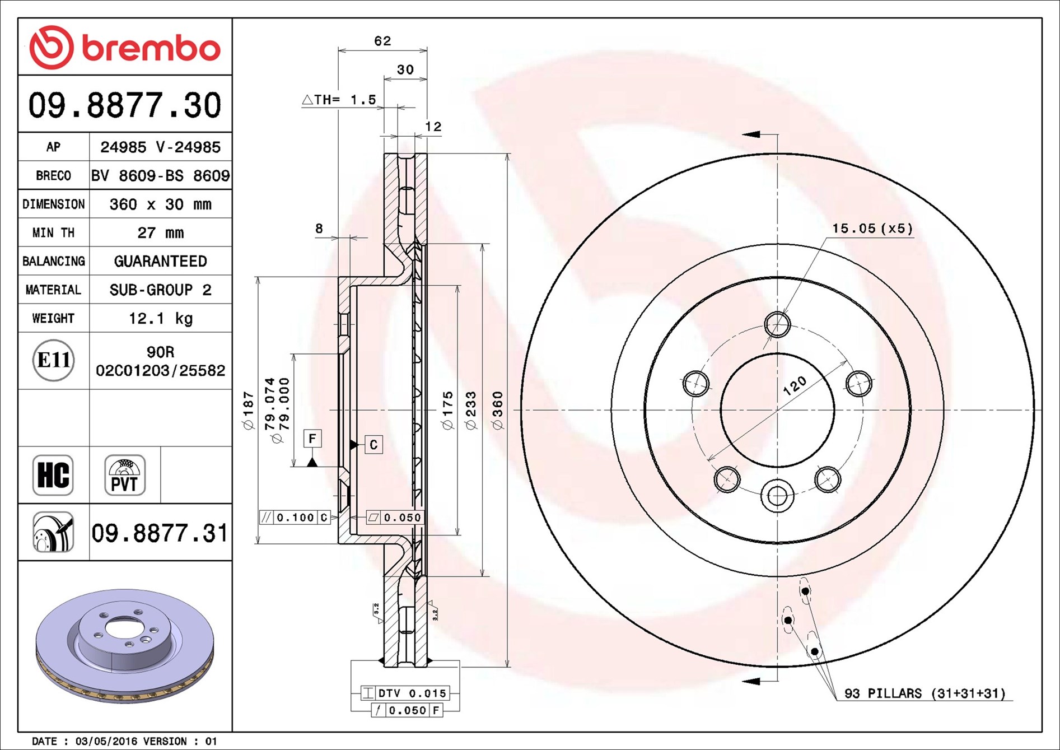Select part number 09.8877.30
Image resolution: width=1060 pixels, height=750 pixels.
(125, 105)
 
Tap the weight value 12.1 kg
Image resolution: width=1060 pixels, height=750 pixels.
(161, 318)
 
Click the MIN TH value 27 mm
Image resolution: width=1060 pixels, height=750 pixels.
(161, 232)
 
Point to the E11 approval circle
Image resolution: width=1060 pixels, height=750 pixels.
(54, 360)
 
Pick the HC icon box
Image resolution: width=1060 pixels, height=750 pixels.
(53, 475)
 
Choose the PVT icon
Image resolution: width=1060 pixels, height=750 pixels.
(125, 475)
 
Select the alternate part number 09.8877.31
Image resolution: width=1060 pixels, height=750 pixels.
(160, 533)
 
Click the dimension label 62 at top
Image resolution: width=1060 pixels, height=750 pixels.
(382, 41)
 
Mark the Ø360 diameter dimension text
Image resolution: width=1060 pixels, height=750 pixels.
(497, 411)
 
